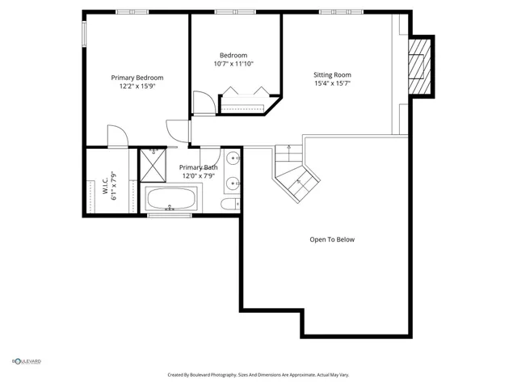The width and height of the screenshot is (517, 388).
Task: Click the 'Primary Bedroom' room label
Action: (137, 78)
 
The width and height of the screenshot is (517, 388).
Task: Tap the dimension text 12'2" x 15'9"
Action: (137, 86)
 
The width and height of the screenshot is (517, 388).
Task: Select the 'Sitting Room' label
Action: (332, 75)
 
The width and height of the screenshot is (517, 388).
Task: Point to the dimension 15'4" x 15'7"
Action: (332, 83)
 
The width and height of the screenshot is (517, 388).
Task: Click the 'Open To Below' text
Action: (332, 239)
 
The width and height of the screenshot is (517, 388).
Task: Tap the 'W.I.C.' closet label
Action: (104, 184)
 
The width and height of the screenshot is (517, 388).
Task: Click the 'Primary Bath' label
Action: (198, 167)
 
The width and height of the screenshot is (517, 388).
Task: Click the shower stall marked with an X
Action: (152, 164)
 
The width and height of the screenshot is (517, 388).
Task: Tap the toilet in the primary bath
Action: (230, 203)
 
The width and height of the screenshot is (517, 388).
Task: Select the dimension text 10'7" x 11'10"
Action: (233, 64)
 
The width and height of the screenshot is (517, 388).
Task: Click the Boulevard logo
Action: (26, 361)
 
